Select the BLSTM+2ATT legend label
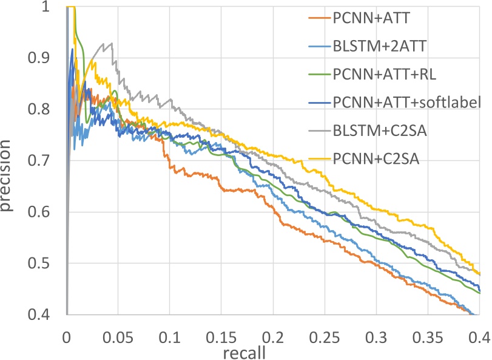click(x=380, y=46)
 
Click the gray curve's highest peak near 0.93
click(x=111, y=44)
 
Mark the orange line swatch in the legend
click(x=316, y=18)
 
